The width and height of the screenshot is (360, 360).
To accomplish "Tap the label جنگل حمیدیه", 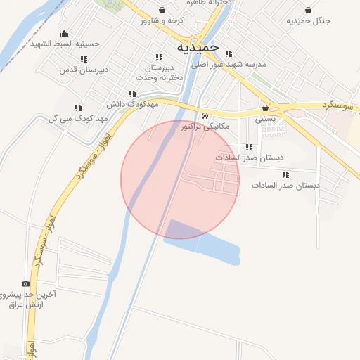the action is click(308, 21).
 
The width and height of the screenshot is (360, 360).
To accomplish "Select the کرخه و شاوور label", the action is click(161, 21).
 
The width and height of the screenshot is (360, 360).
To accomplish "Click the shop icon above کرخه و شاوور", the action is click(162, 10).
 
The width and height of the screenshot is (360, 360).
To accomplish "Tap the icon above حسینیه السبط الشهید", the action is click(65, 33).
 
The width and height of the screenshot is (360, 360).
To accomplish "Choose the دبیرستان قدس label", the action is click(77, 70).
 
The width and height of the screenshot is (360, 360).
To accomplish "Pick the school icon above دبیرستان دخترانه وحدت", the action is click(157, 57).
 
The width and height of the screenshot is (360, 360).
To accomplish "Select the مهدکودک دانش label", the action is click(130, 103).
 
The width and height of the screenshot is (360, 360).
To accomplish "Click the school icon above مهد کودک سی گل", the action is click(78, 108).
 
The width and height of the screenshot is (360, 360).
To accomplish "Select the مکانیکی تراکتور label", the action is click(205, 127).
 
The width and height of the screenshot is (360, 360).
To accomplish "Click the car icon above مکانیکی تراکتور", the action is click(205, 115).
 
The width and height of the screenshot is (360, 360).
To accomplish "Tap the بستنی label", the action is click(264, 119).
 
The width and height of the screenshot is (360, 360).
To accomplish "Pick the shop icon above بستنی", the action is click(265, 108).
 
